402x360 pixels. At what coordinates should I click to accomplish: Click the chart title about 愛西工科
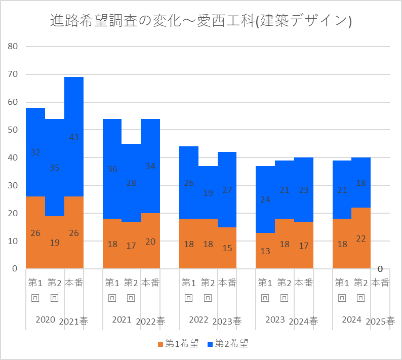[x=201, y=21]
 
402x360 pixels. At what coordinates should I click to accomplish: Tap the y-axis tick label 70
[x=13, y=74]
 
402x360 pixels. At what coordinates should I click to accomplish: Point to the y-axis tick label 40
[x=13, y=158]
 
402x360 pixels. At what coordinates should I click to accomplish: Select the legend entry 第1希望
[x=180, y=344]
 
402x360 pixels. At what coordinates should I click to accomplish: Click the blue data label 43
[x=74, y=137]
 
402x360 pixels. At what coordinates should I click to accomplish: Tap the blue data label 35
[x=55, y=168]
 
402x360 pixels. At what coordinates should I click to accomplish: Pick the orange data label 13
[x=265, y=251]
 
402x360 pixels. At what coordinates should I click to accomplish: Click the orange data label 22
[x=361, y=238]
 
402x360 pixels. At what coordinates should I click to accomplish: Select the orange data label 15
[x=227, y=248]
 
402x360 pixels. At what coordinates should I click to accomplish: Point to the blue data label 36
[x=112, y=169]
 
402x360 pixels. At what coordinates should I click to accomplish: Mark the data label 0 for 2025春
[x=380, y=269]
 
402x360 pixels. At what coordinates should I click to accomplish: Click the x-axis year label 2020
[x=45, y=320]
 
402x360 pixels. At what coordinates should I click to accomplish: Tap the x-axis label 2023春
[x=227, y=321]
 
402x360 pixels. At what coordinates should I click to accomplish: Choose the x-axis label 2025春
[x=380, y=321]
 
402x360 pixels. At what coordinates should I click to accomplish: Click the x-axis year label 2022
[x=198, y=320]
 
